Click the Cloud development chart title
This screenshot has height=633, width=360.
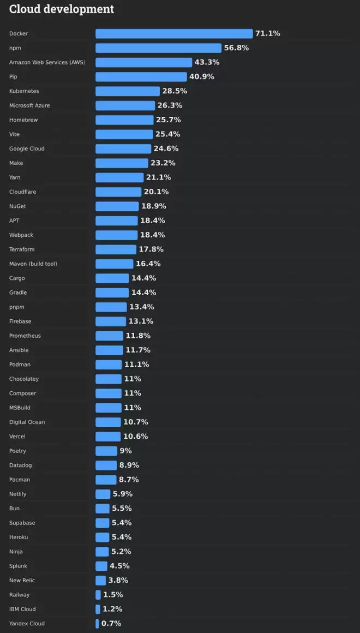pyautogui.click(x=62, y=9)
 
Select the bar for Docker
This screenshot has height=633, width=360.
pyautogui.click(x=174, y=34)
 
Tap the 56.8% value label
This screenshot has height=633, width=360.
pyautogui.click(x=236, y=48)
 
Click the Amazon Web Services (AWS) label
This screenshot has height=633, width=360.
pyautogui.click(x=47, y=62)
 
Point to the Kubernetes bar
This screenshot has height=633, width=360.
pyautogui.click(x=128, y=91)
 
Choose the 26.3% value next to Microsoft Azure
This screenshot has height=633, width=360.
pyautogui.click(x=170, y=105)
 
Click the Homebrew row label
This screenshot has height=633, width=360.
pyautogui.click(x=23, y=120)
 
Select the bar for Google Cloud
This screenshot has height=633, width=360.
pyautogui.click(x=123, y=148)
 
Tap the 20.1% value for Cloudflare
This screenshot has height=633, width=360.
pyautogui.click(x=156, y=192)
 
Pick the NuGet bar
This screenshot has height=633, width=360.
pyautogui.click(x=117, y=206)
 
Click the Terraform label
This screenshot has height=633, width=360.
pyautogui.click(x=22, y=249)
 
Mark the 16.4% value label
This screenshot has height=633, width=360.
pyautogui.click(x=148, y=264)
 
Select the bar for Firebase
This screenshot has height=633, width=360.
pyautogui.click(x=111, y=321)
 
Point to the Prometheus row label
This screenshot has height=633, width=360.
pyautogui.click(x=25, y=336)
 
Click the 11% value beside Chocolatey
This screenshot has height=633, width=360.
pyautogui.click(x=133, y=379)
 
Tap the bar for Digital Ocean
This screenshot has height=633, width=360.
pyautogui.click(x=108, y=422)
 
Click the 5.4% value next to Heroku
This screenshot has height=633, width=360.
pyautogui.click(x=122, y=538)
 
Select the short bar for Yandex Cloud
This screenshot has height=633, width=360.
pyautogui.click(x=97, y=624)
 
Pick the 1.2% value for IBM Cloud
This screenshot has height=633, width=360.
pyautogui.click(x=112, y=609)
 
